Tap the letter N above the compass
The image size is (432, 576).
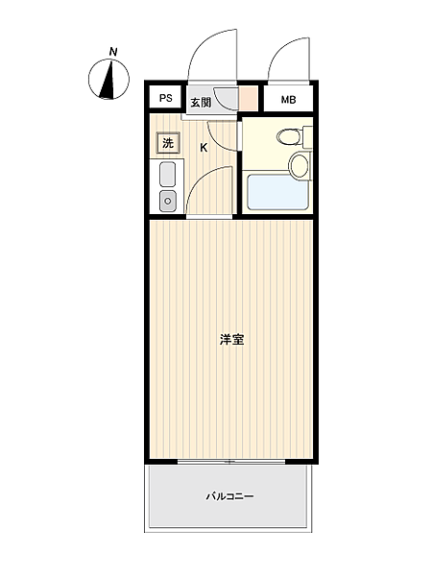(113, 51)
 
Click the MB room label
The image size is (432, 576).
(288, 100)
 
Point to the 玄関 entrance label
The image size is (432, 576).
(200, 102)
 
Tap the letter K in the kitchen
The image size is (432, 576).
(204, 147)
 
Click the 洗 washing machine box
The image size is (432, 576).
(167, 143)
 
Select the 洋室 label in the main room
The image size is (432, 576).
(230, 339)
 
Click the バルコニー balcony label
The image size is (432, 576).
(229, 496)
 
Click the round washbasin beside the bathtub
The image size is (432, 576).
(300, 164)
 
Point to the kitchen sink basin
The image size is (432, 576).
(167, 176)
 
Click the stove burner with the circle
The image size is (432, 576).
(167, 202)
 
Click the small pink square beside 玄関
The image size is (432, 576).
(248, 99)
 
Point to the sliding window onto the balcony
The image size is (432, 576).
(230, 462)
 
